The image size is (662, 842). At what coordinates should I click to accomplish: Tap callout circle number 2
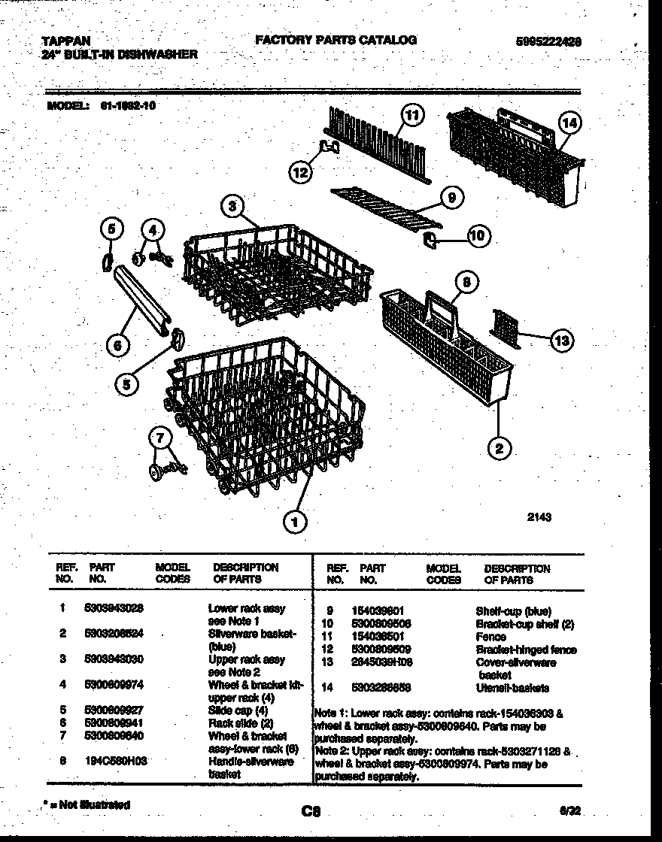pos(499,449)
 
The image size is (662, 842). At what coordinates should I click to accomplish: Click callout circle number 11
pos(412,115)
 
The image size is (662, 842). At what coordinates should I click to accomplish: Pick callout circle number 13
pos(560,341)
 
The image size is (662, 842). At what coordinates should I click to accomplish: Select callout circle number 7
pos(160,438)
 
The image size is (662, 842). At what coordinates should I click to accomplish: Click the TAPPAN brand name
pos(58,41)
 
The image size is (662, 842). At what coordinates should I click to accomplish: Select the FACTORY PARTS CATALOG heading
pos(336,40)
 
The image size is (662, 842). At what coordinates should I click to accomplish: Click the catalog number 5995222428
pos(548,43)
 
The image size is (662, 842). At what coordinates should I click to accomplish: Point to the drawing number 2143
pos(539,516)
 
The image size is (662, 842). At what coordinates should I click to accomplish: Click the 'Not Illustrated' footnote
pos(87,804)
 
